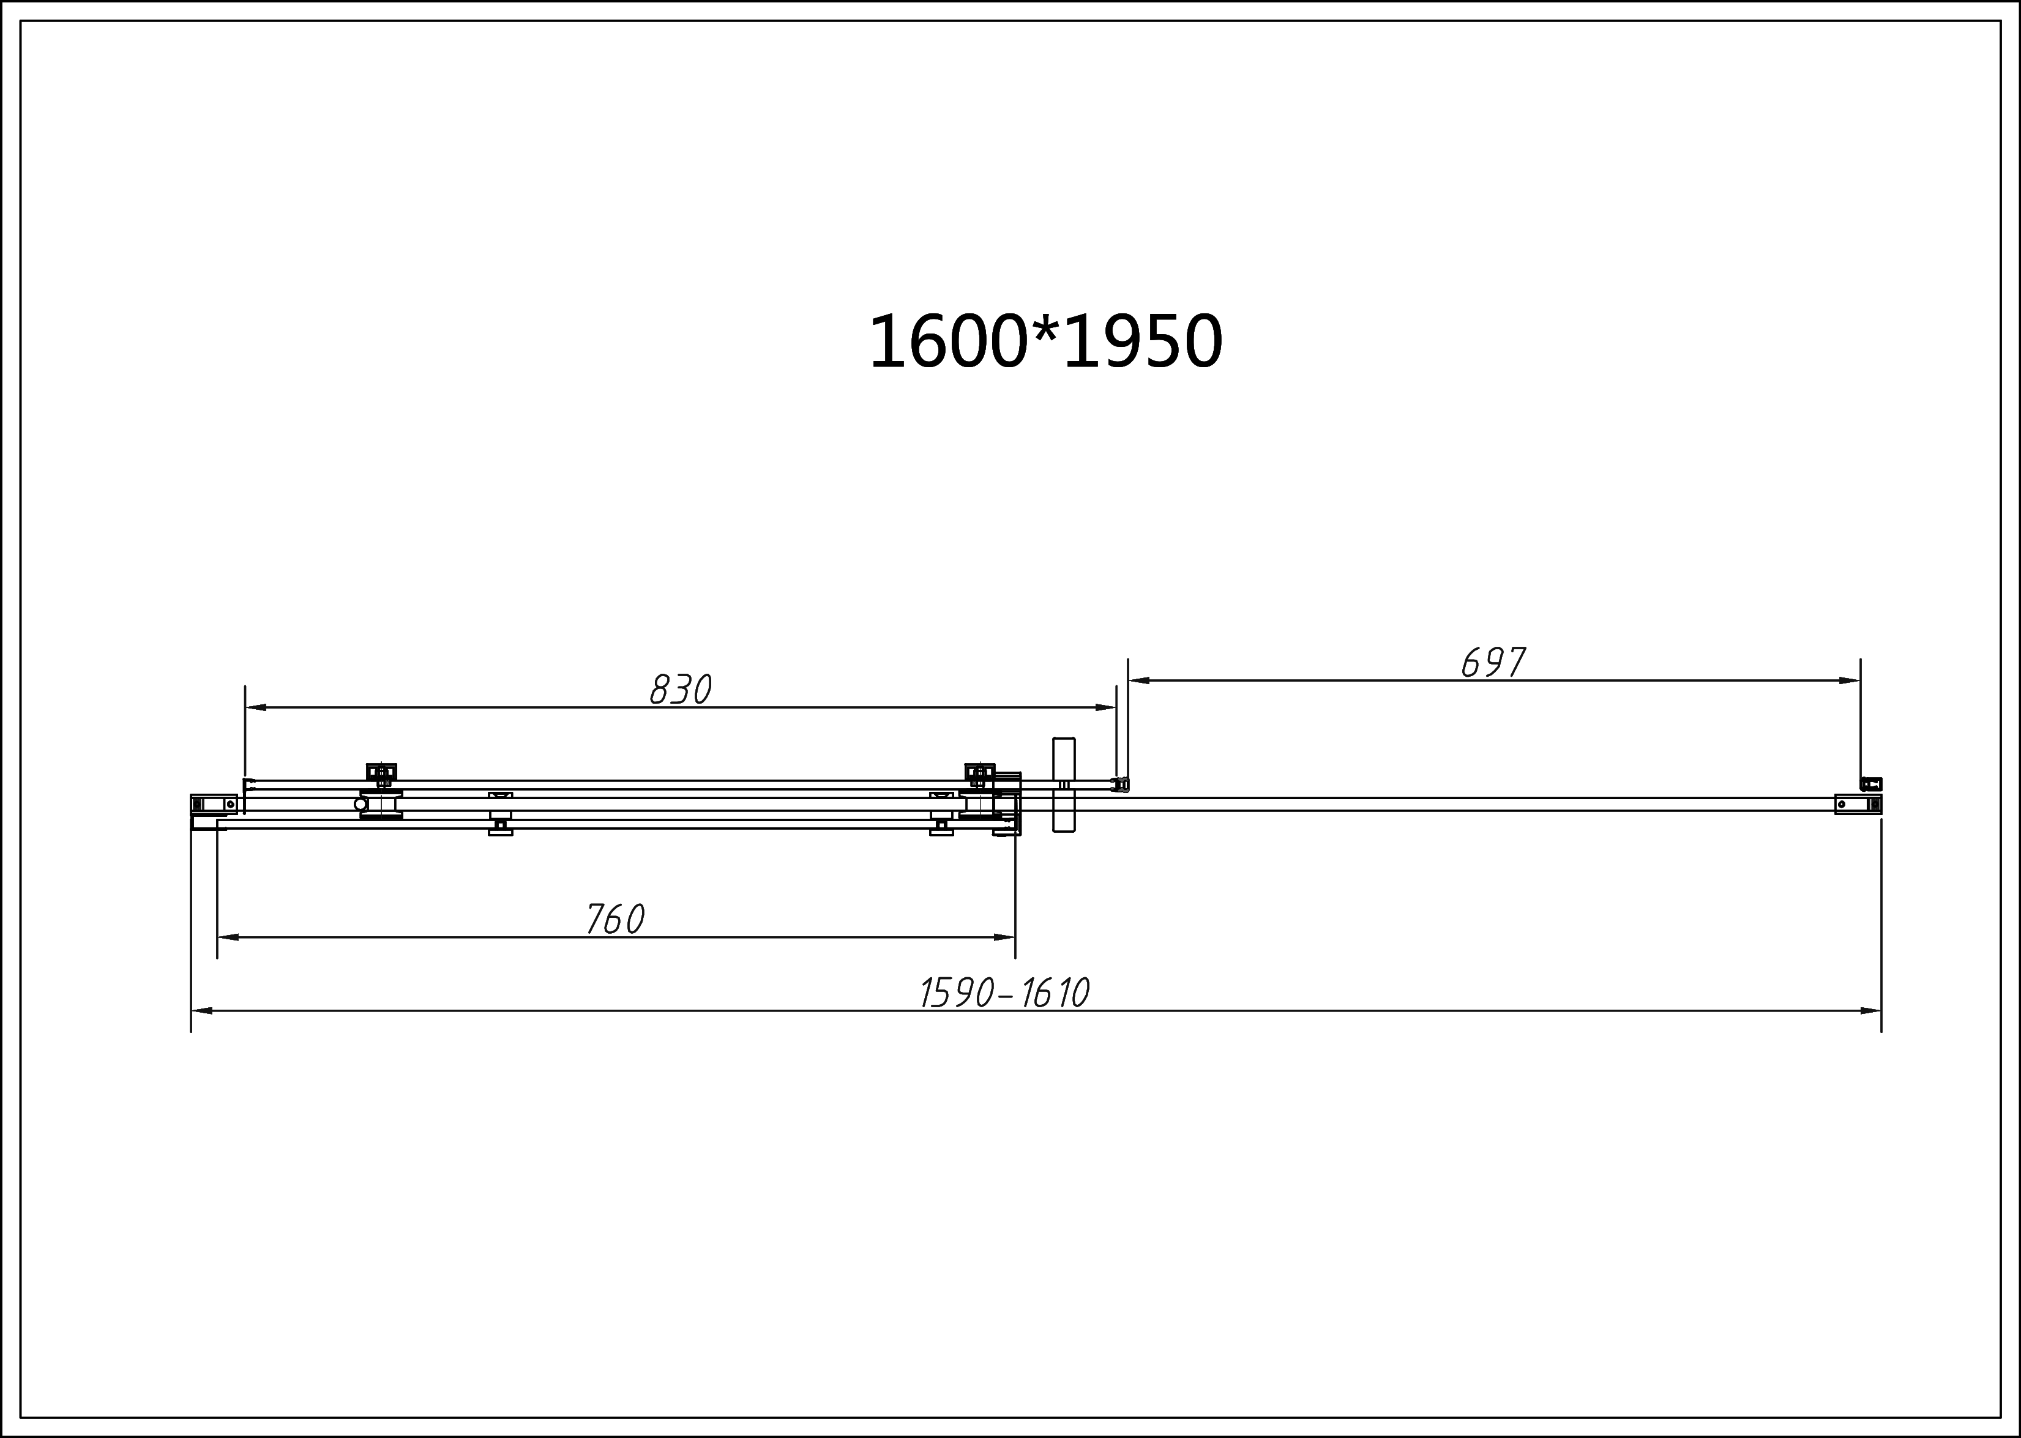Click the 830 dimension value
(680, 690)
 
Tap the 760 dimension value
(615, 919)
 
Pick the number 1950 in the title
(1143, 343)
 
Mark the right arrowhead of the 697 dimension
(1849, 681)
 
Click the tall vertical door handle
(1063, 784)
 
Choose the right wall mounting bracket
(1857, 804)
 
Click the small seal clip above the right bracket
(1870, 784)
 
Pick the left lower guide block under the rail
(501, 827)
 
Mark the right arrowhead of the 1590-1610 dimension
(1870, 1010)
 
